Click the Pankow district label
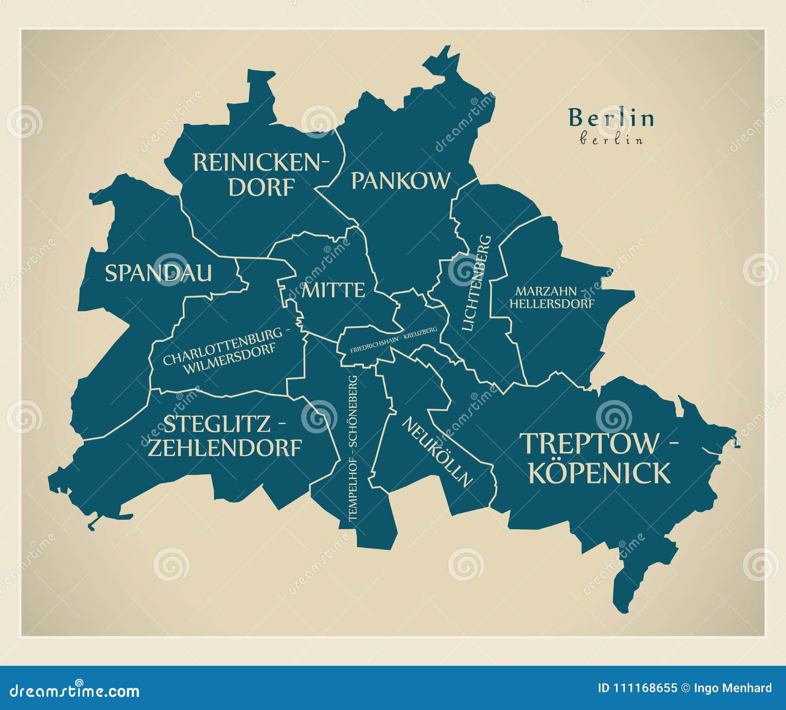(400, 181)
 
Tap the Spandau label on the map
(158, 273)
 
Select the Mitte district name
(333, 290)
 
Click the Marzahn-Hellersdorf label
(551, 297)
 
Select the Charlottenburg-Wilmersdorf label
(226, 350)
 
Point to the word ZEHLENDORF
(225, 448)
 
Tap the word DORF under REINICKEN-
(261, 187)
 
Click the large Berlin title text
(611, 118)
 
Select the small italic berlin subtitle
(611, 140)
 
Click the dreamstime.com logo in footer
(70, 691)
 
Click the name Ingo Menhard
(734, 688)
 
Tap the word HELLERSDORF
(551, 304)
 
